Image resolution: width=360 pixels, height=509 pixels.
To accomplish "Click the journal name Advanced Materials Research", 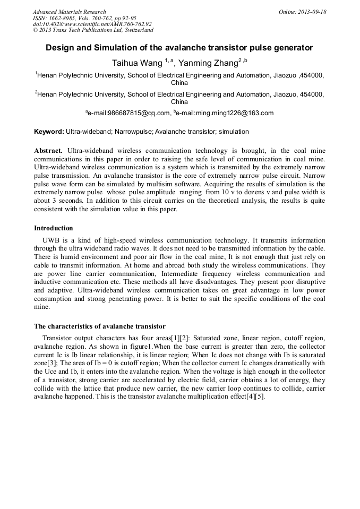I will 69,12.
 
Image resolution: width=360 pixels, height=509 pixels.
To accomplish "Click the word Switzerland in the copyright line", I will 136,30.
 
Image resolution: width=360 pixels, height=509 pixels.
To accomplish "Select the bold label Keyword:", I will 49,132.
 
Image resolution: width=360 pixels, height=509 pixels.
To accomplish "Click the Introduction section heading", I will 54,228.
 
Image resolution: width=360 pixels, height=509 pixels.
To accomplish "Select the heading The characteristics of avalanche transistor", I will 100,326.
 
